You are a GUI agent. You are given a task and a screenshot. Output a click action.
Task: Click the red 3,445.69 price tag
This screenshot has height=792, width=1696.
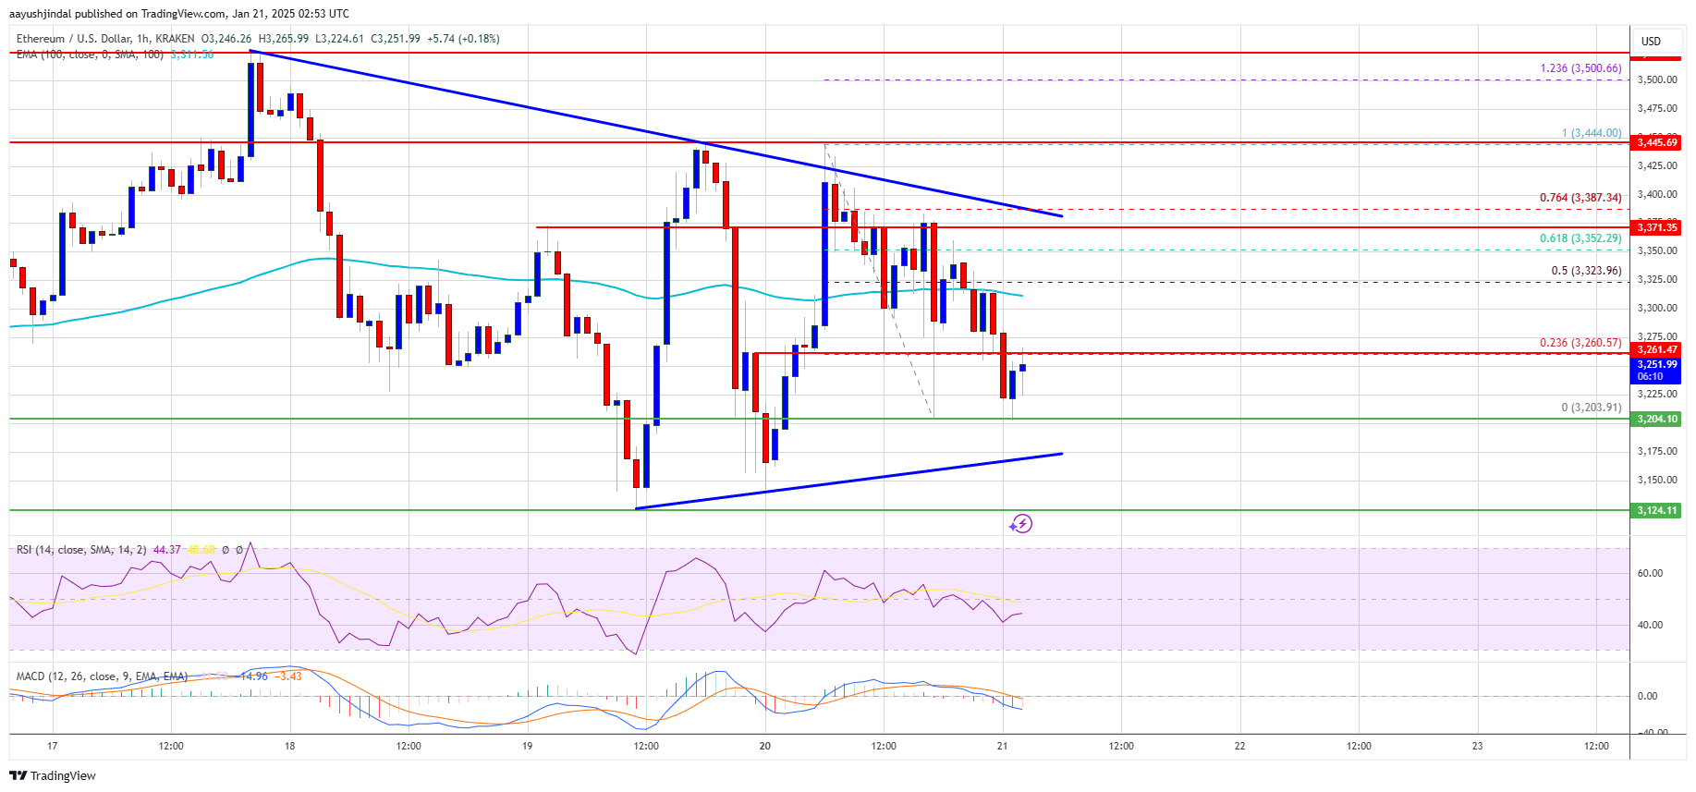point(1656,142)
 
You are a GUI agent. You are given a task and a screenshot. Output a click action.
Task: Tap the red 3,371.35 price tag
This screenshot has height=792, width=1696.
point(1656,227)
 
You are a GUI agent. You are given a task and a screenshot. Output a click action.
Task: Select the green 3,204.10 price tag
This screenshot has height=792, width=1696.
point(1656,420)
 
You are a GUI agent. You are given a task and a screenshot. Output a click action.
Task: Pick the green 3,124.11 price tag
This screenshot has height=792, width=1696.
point(1656,510)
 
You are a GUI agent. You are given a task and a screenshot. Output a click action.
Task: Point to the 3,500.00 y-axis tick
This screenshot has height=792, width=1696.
point(1656,80)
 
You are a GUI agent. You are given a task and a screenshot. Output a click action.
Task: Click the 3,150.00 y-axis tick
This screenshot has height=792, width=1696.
point(1656,481)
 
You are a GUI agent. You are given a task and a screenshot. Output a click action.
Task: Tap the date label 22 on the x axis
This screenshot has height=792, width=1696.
point(1239,746)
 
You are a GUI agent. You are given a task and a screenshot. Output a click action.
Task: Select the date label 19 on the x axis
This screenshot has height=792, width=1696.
point(527,746)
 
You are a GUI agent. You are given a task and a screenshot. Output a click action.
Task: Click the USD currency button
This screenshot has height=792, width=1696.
point(1651,41)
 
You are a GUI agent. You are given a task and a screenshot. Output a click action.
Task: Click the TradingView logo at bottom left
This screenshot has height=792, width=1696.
point(55,775)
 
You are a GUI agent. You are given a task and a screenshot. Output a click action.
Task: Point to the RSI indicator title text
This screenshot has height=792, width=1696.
point(81,550)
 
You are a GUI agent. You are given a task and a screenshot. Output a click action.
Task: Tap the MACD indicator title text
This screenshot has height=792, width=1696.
point(102,676)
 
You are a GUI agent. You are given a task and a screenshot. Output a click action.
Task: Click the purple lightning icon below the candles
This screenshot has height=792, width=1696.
point(1020,524)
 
